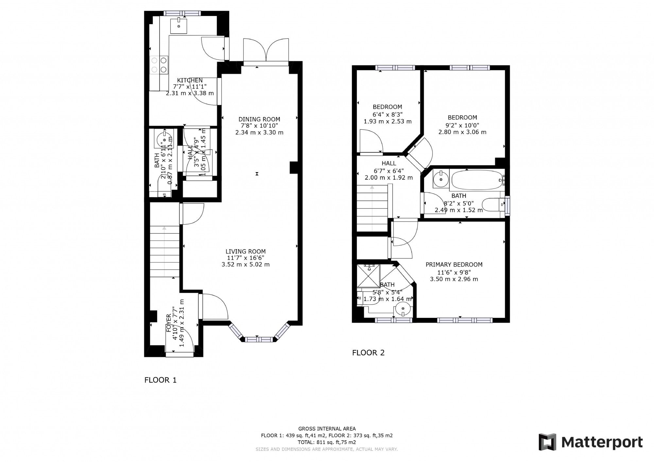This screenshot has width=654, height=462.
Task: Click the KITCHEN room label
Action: point(190,80)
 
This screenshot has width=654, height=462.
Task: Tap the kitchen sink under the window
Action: point(179,25)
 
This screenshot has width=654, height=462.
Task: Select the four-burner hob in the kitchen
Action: point(159,64)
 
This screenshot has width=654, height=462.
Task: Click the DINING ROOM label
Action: point(259,119)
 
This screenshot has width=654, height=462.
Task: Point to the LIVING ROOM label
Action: point(245,251)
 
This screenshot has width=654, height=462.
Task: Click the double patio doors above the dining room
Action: point(266,51)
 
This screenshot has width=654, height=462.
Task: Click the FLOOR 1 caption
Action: point(160,380)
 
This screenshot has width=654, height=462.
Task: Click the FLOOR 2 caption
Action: point(368,353)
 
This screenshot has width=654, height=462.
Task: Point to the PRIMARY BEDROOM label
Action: point(454,265)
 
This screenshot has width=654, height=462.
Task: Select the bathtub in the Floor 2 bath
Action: point(476,179)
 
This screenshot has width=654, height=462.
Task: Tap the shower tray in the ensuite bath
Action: point(369,276)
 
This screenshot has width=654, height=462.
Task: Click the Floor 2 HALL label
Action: point(388,163)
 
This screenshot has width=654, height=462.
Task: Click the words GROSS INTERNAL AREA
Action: point(327,429)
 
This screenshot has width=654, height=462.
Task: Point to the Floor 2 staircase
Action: point(372,208)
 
